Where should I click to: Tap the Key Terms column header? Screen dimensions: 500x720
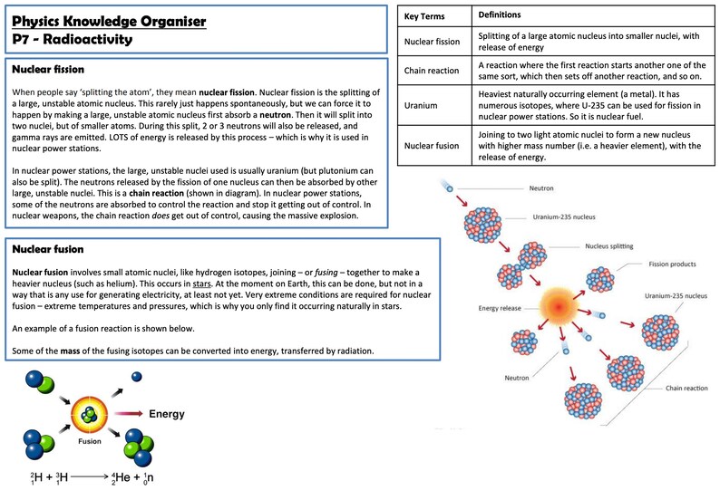[424, 16]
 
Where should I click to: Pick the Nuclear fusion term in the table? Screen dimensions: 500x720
[432, 145]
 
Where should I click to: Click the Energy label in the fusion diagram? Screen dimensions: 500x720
[166, 414]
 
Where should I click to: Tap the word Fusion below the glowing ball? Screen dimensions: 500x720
[89, 441]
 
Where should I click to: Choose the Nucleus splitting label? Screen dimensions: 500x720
[608, 245]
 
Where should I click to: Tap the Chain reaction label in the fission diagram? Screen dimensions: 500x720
[686, 387]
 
